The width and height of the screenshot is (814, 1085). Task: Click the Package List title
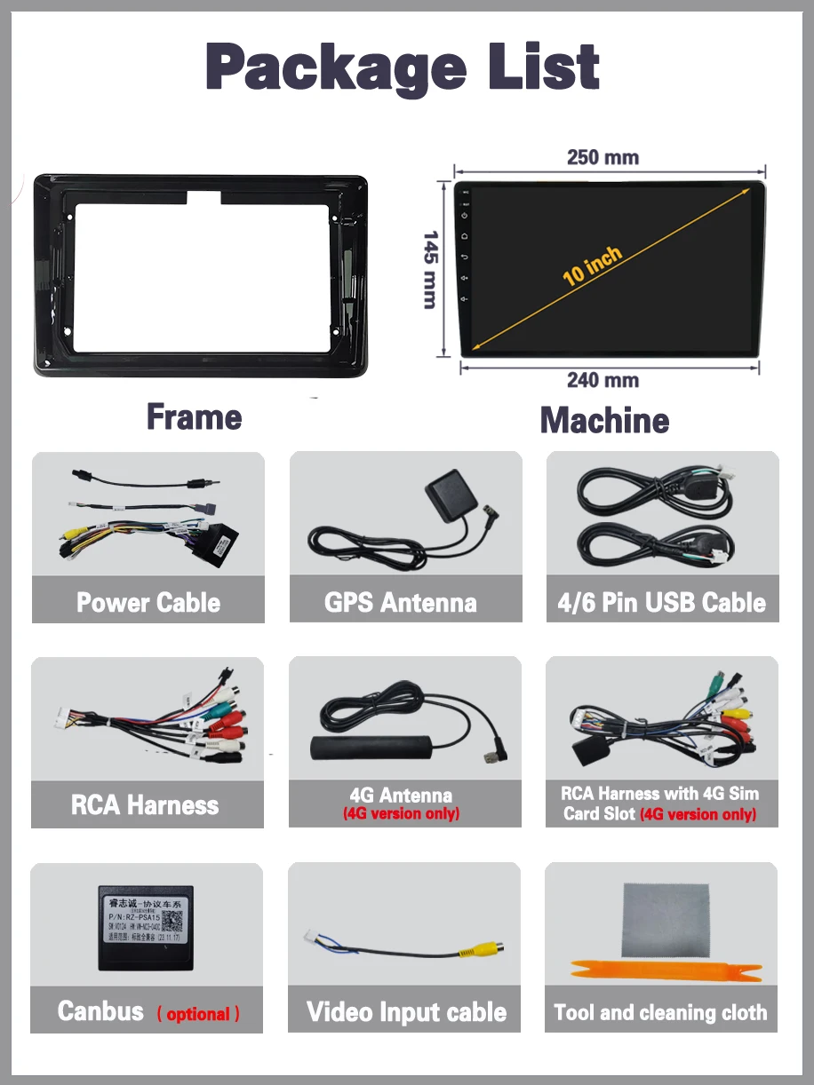point(403,67)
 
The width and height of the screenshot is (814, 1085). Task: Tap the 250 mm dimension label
point(603,158)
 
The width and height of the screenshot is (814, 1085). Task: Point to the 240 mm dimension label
point(603,381)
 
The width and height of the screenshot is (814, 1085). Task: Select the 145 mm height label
point(431,270)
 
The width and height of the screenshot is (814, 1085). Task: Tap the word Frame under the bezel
point(194,417)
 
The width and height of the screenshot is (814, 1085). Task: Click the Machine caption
point(604,420)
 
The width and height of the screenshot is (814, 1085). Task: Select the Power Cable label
point(148,603)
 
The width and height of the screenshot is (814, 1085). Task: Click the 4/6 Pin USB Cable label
point(661,603)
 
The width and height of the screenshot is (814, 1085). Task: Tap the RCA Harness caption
point(145,805)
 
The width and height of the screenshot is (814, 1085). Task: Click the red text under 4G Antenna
point(402,814)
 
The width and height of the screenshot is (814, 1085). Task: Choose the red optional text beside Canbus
point(198,1014)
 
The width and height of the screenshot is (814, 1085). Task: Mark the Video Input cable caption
point(406,1012)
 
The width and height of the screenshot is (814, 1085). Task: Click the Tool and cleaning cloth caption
point(660,1013)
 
